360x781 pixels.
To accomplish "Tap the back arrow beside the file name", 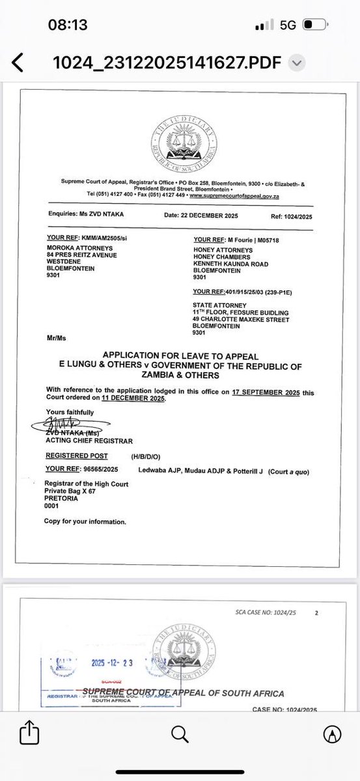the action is [18, 62].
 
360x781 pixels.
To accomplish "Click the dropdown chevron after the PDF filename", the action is [296, 62].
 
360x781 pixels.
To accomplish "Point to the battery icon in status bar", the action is [315, 25].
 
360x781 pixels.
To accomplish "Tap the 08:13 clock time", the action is [68, 25].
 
